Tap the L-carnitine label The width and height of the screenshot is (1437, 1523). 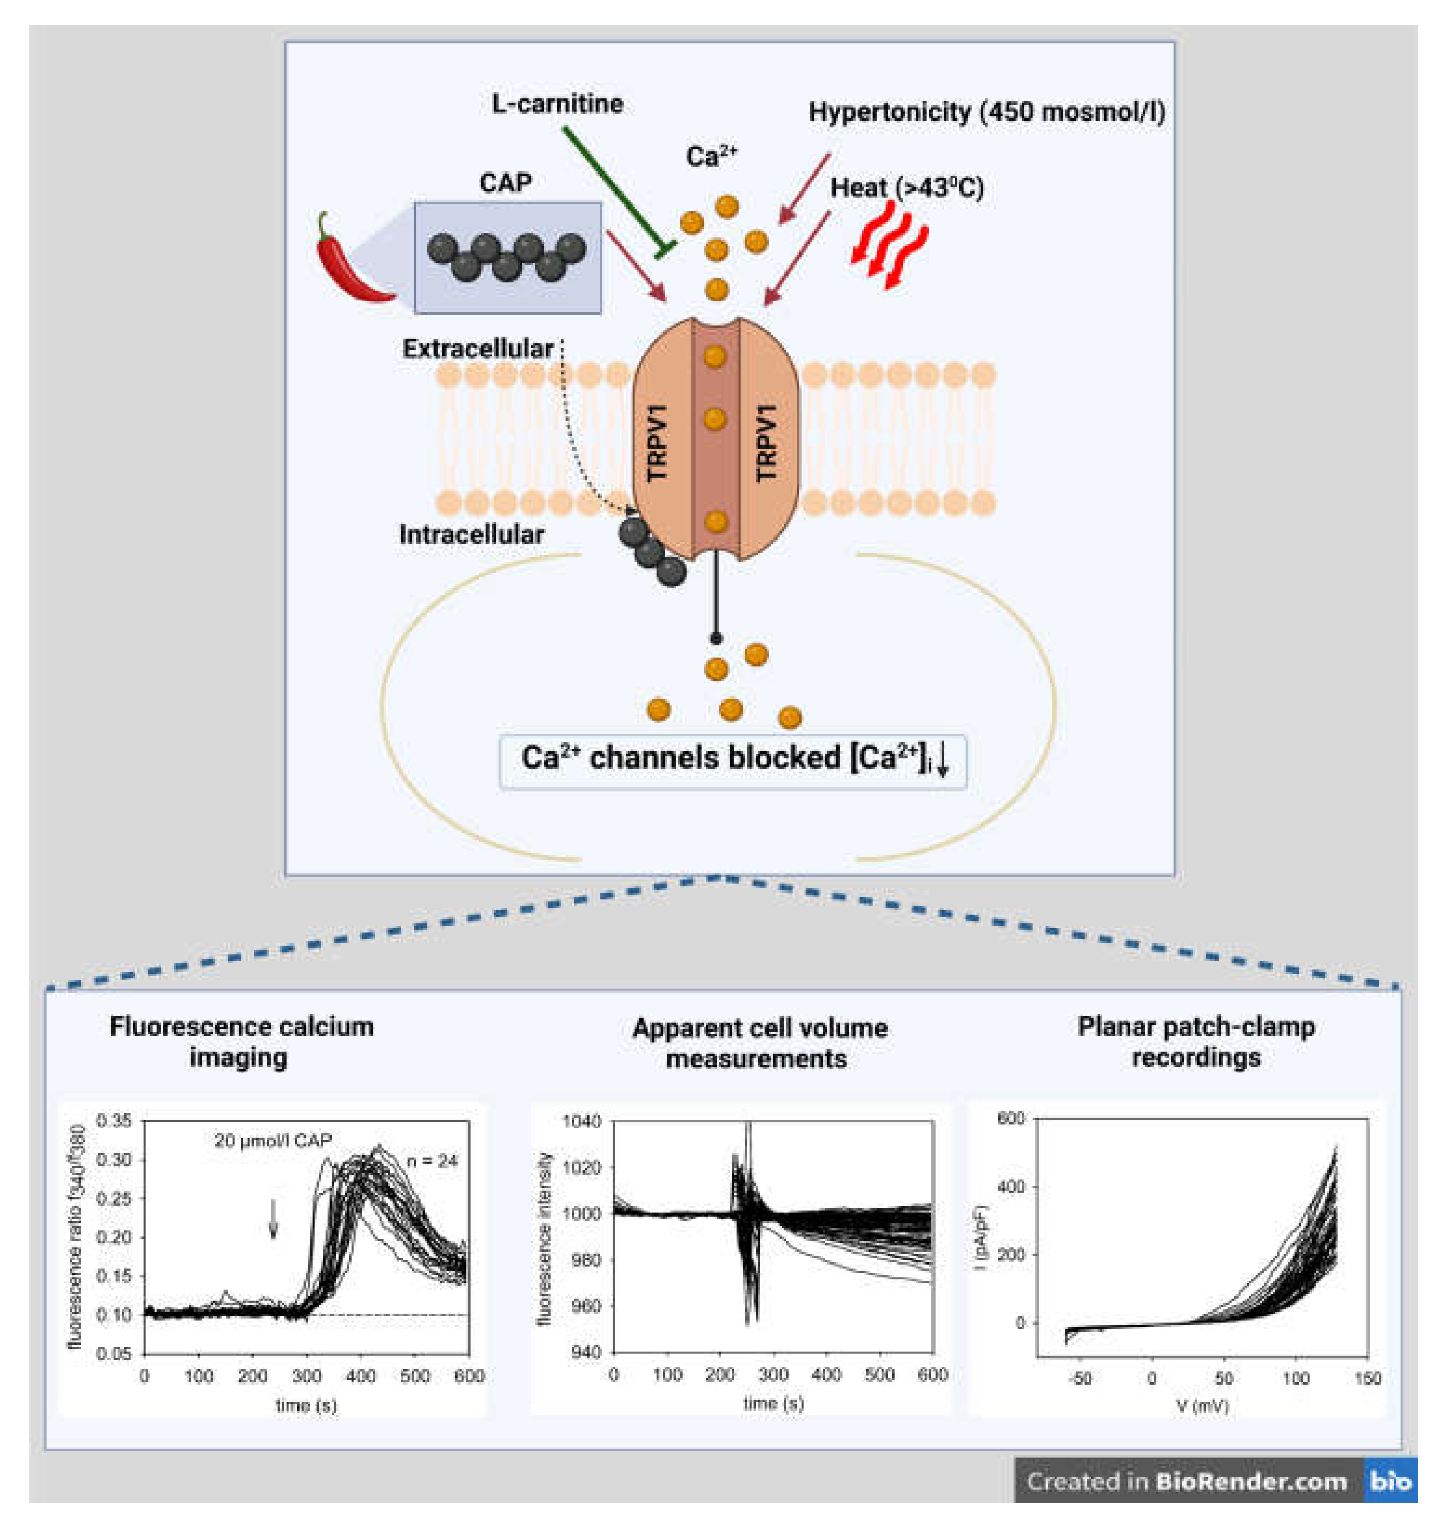coord(557,103)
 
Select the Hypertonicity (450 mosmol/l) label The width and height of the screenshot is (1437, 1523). coord(986,112)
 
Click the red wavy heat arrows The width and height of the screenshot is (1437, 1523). coord(889,245)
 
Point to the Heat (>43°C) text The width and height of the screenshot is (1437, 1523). coord(906,188)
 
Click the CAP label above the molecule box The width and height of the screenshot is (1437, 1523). coord(505,182)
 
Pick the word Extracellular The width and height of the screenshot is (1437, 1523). coord(478,349)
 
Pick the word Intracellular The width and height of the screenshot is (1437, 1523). coord(471,534)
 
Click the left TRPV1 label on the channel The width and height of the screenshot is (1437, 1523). coord(658,443)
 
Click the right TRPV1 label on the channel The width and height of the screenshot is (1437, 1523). coord(766,443)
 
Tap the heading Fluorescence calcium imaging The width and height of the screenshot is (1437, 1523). coord(241,1041)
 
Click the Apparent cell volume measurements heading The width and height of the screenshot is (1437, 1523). coord(759,1043)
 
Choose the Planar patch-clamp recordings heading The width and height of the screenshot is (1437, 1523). coord(1196,1041)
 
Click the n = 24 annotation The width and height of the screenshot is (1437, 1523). coord(432,1161)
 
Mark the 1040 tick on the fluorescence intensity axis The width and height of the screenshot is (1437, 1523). coord(582,1121)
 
